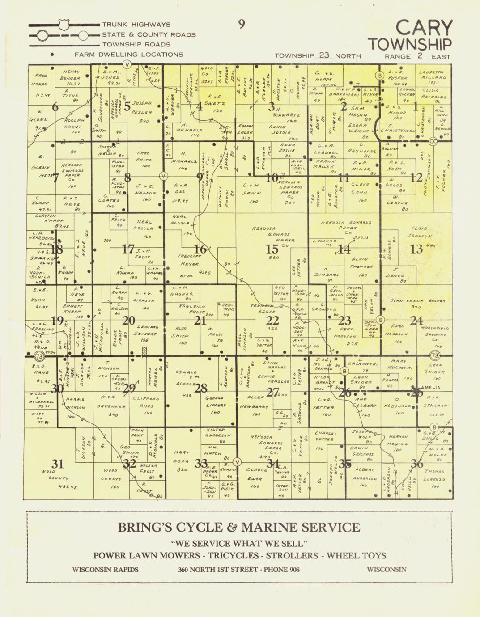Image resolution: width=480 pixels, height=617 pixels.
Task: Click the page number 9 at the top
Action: (x=242, y=24)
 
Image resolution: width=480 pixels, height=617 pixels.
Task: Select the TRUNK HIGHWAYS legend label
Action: (x=136, y=25)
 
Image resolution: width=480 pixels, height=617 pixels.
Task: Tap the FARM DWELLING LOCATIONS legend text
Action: (x=129, y=55)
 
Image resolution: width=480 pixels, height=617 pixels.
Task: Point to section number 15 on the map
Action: (x=272, y=249)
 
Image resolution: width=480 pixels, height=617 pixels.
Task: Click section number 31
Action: (x=57, y=463)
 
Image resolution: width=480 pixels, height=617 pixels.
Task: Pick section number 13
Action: (x=416, y=249)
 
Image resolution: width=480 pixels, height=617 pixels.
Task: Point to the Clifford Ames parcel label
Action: (x=147, y=402)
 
